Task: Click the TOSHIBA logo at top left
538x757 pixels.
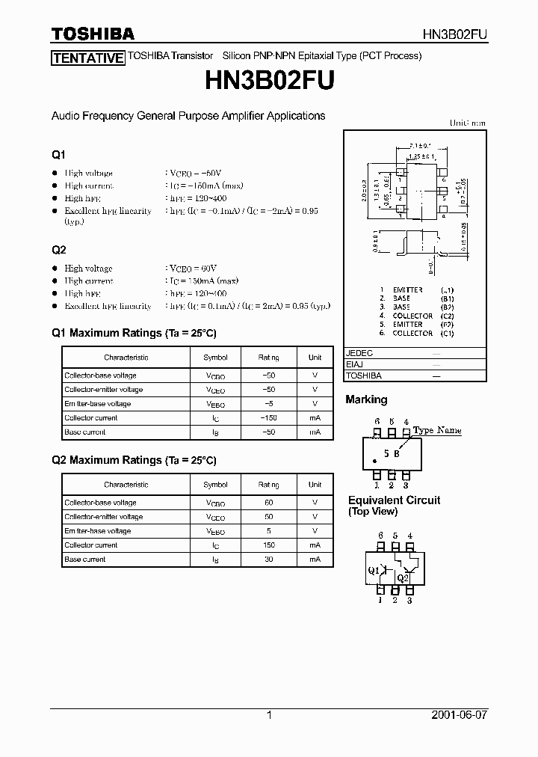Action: (x=93, y=34)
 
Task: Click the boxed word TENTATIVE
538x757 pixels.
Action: (x=87, y=58)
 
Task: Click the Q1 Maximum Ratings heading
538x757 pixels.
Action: (x=134, y=333)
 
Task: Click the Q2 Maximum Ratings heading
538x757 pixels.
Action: (x=134, y=460)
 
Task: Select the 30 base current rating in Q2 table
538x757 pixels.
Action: (x=269, y=560)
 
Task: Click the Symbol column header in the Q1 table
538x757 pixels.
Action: (x=215, y=358)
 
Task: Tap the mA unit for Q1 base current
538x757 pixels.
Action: (x=315, y=432)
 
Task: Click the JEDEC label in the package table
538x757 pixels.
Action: (x=360, y=353)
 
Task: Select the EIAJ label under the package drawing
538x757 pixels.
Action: (x=356, y=364)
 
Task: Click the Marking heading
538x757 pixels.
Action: (x=366, y=399)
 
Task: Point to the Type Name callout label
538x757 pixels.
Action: (x=437, y=430)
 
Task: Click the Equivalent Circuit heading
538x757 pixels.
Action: (x=394, y=500)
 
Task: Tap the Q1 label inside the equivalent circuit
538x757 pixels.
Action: (x=373, y=570)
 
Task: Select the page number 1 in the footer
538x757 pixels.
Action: (x=269, y=715)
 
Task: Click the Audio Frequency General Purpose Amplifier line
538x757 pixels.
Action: (x=188, y=116)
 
